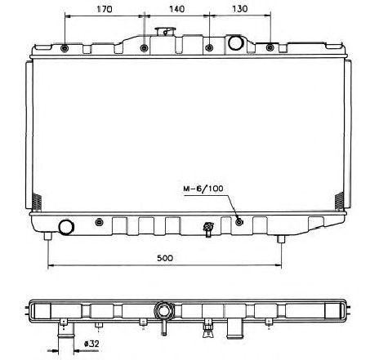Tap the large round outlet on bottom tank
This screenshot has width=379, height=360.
point(65,226)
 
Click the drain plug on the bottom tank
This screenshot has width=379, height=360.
point(208,229)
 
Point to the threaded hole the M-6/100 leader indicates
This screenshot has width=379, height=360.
point(239,221)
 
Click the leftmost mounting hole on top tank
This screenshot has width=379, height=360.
point(65,48)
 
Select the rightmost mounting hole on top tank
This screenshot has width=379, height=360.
point(270,48)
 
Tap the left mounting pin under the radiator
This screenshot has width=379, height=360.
point(51,238)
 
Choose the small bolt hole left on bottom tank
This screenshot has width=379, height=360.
point(99,222)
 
